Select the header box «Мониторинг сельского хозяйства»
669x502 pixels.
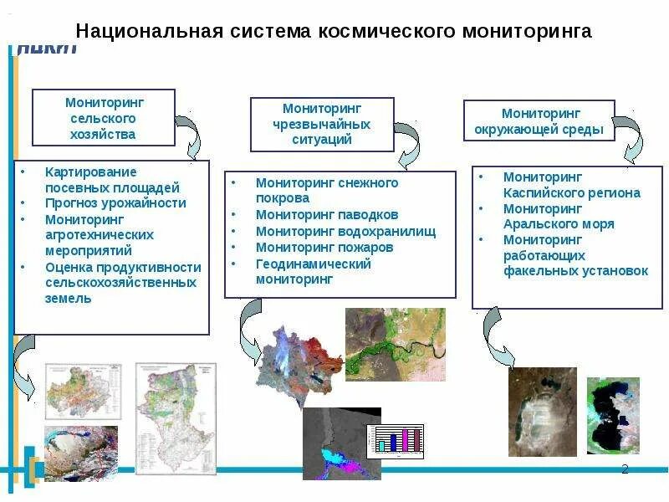[x=104, y=118]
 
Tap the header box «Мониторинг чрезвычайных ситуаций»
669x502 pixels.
[x=322, y=125]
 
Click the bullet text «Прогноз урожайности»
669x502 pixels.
[x=115, y=202]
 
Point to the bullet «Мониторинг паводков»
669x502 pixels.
[x=327, y=215]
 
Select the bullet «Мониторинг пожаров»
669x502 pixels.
[x=324, y=248]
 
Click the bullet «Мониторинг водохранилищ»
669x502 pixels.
[x=345, y=232]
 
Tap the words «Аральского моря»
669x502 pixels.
[x=559, y=224]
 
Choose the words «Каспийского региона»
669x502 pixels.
[x=571, y=192]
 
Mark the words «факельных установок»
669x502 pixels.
[x=575, y=271]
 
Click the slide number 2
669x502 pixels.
[x=625, y=469]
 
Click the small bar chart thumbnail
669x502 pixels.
[x=400, y=438]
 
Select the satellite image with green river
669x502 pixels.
[x=395, y=344]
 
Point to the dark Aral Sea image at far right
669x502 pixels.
[x=613, y=414]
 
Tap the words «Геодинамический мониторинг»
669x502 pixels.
[x=313, y=272]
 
